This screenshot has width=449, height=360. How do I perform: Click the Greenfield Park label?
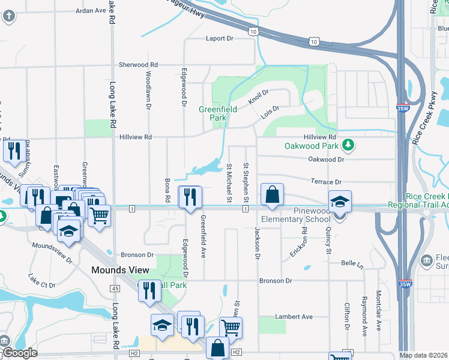coord(218,113)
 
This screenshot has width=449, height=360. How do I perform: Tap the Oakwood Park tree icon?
coord(348,145)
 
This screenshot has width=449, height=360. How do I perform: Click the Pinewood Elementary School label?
coord(305,215)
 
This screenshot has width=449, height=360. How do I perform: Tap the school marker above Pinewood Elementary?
coord(340,201)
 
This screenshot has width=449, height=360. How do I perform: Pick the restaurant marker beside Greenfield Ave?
coord(190,197)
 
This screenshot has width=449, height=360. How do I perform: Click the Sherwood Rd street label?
coord(138,64)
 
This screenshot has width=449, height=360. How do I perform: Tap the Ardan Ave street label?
coord(91,11)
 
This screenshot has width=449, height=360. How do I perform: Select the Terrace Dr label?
coord(325,181)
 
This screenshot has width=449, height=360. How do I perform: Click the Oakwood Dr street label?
coord(326,160)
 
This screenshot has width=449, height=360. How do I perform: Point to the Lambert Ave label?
coord(294,316)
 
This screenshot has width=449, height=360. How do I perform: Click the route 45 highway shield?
coord(114,289)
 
